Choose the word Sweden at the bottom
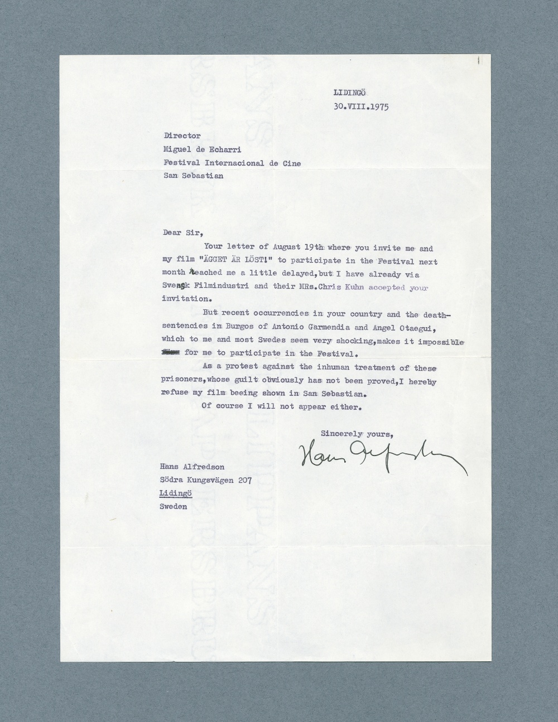[173, 507]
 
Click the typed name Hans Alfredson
[192, 467]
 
